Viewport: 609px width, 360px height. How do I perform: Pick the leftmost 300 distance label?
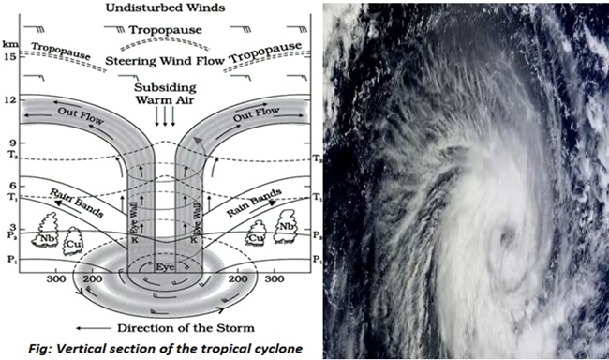[x=55, y=279]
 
